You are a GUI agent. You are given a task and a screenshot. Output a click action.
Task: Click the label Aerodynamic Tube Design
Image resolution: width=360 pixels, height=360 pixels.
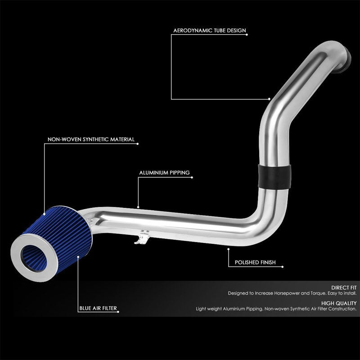(210, 31)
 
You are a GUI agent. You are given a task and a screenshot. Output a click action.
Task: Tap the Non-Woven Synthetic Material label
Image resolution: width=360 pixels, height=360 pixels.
(91, 140)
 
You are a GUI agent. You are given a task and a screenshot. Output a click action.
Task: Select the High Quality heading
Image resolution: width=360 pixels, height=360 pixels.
(341, 303)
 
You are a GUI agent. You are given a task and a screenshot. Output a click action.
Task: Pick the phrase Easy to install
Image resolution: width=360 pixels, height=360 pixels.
(343, 293)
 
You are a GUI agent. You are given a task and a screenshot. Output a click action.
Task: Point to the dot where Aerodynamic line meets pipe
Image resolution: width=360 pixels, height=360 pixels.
(269, 99)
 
